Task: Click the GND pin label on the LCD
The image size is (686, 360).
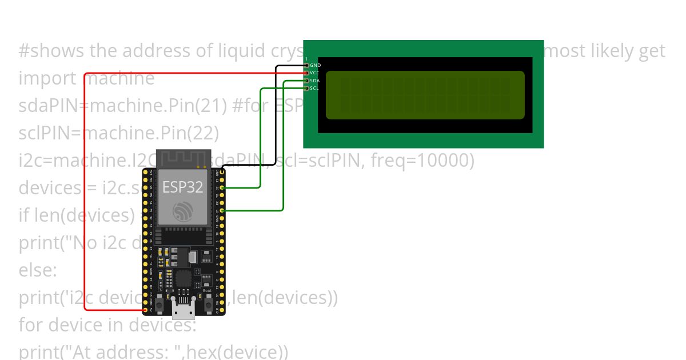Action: pos(315,66)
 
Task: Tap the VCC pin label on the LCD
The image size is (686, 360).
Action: pos(315,73)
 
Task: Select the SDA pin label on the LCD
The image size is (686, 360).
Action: pos(314,81)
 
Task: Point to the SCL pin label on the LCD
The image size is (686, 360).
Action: pos(314,88)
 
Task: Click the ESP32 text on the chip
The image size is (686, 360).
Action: pos(182,187)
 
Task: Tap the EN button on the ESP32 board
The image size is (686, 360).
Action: pos(159,304)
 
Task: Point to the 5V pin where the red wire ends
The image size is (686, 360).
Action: pos(145,310)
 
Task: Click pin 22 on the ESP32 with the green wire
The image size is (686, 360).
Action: pos(222,187)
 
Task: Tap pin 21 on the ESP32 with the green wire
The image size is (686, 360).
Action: pos(222,211)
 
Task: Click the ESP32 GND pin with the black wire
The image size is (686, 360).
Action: pos(222,171)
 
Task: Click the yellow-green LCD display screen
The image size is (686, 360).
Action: pos(425,95)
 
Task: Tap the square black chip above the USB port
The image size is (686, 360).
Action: pos(184,279)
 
